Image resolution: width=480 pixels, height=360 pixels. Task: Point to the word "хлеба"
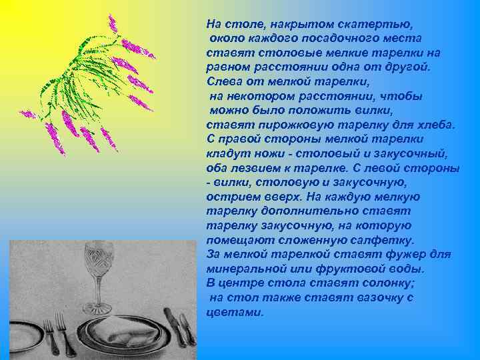pyautogui.click(x=437, y=125)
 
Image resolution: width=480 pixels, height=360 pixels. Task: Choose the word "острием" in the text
pyautogui.click(x=230, y=197)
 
